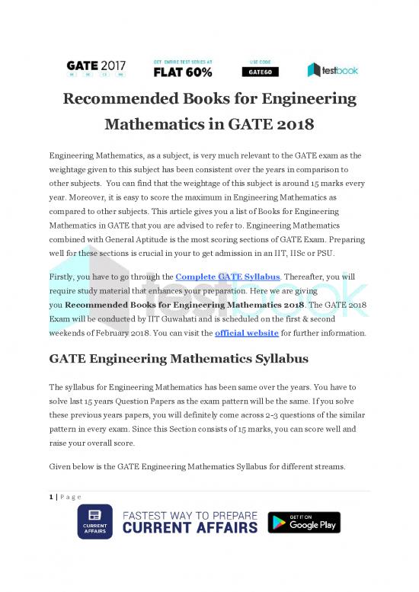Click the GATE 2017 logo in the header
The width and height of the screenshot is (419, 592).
pyautogui.click(x=95, y=68)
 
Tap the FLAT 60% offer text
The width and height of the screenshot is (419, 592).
pyautogui.click(x=183, y=72)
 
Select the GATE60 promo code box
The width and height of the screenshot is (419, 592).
pyautogui.click(x=261, y=72)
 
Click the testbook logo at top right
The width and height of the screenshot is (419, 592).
pyautogui.click(x=333, y=69)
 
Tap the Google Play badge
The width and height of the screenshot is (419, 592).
pyautogui.click(x=304, y=523)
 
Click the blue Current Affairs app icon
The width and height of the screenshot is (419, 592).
pyautogui.click(x=95, y=522)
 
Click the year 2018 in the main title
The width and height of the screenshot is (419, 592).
pyautogui.click(x=286, y=123)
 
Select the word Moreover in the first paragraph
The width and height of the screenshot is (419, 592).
pyautogui.click(x=91, y=197)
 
